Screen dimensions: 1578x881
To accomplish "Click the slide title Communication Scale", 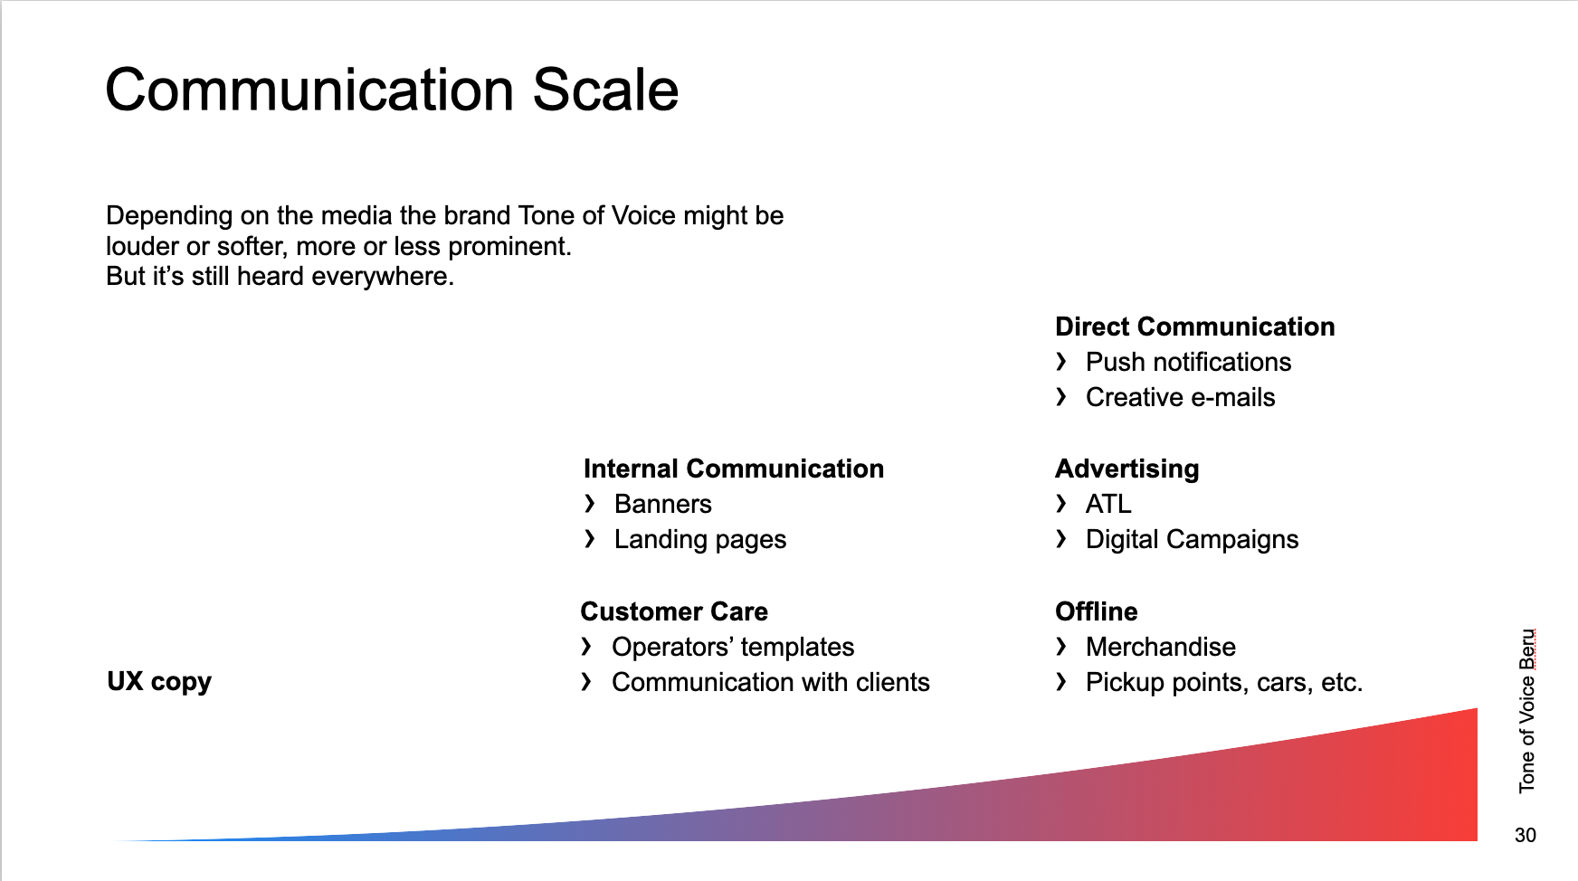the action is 392,90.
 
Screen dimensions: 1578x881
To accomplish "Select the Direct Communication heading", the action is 1194,327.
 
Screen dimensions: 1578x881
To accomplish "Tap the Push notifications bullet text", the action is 1188,362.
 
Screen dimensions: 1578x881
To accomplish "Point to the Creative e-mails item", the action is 1180,397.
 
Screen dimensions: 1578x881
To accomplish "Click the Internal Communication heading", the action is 734,469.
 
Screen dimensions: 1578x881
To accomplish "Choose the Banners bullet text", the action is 663,504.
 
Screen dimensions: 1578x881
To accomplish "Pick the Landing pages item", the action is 700,540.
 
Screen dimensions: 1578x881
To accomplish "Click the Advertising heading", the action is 1126,469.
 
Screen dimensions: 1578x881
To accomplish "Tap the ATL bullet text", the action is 1108,504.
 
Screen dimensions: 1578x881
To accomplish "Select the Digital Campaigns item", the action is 1192,540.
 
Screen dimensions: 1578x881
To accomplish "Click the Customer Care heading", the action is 674,611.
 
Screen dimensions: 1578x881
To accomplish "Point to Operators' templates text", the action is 733,647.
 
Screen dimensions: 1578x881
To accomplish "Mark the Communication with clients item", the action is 771,682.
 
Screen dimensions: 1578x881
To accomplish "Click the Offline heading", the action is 1096,611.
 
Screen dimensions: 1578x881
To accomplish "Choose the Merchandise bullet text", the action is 1161,647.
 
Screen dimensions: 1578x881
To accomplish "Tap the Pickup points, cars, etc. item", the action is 1224,682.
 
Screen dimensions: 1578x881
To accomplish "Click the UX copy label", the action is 159,682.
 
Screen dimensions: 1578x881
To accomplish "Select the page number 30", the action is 1526,835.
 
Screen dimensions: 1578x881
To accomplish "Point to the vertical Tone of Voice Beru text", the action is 1527,711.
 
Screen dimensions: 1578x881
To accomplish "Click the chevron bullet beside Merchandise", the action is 1061,646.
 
